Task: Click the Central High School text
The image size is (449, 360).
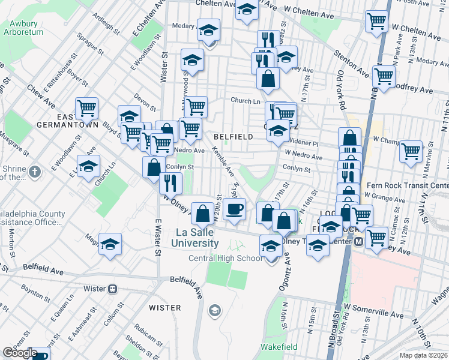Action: (226, 259)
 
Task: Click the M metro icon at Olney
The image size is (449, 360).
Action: (358, 241)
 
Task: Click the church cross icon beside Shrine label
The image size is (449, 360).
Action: (35, 172)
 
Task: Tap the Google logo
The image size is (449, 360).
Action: (20, 352)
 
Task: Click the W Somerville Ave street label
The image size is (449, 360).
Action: (373, 314)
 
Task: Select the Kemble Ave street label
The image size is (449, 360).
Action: (220, 161)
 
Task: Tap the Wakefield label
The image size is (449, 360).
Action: (276, 347)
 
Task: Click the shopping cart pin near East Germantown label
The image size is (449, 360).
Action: (86, 108)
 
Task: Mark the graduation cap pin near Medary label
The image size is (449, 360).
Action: (209, 29)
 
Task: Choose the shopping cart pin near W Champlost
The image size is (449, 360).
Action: (411, 151)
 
